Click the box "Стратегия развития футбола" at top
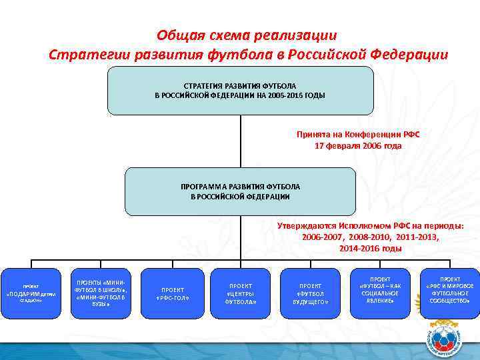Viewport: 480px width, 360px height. coord(240,91)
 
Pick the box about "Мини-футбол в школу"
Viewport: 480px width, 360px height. coord(100,291)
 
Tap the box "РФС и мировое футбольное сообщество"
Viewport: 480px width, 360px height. coord(449,291)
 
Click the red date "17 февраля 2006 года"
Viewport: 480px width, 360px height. coord(358,145)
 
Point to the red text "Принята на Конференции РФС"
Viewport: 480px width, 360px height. coord(358,134)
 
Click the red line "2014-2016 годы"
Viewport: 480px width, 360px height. coord(370,248)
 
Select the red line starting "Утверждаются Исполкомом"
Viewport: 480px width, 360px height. coord(370,225)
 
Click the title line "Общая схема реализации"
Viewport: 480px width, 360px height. coord(247,35)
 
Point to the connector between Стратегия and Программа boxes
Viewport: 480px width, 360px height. coord(240,141)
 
